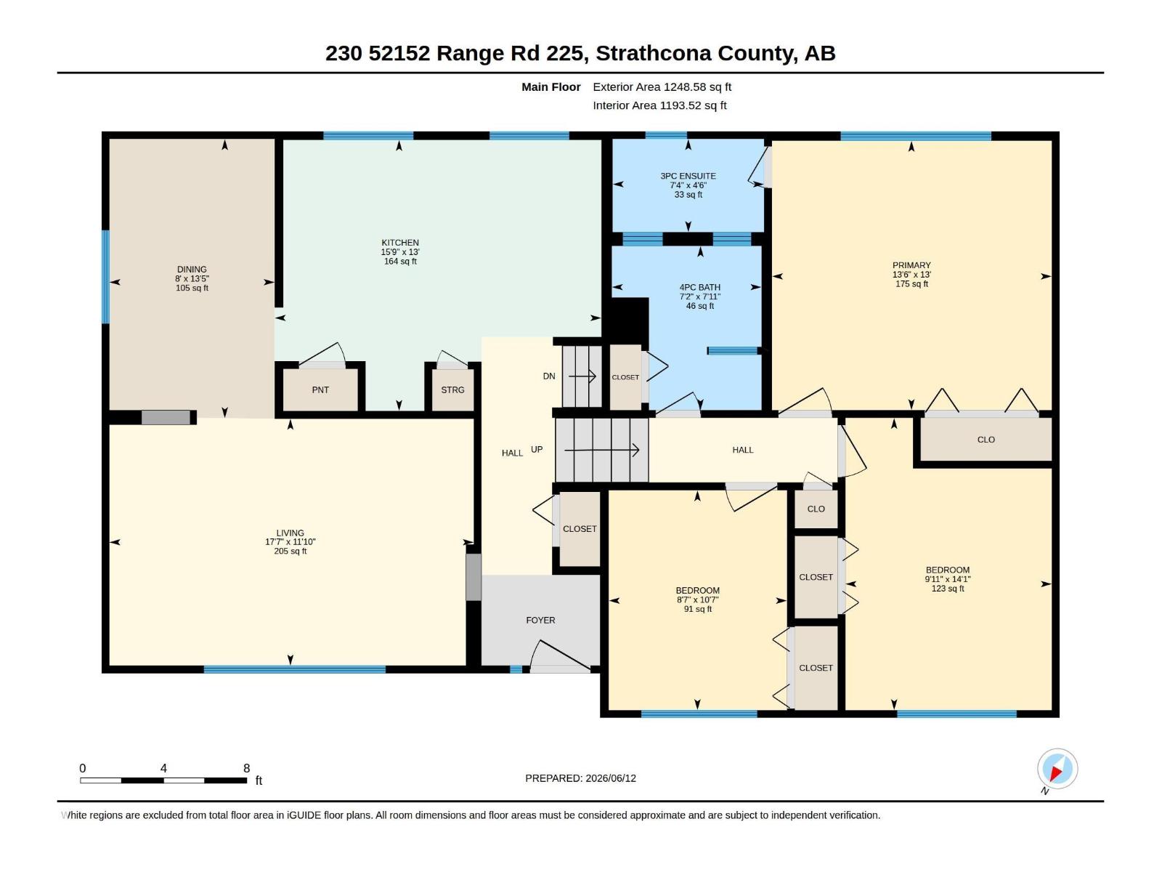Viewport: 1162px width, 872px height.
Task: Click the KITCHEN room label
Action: [x=399, y=243]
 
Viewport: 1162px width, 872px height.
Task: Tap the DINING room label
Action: [x=192, y=270]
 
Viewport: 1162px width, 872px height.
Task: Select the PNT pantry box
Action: [x=320, y=389]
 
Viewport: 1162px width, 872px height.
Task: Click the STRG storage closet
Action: [x=452, y=389]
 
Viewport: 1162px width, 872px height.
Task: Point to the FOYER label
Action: [x=540, y=620]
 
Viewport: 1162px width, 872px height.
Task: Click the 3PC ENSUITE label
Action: [x=688, y=176]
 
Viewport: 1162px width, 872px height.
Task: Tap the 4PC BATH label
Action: [x=700, y=288]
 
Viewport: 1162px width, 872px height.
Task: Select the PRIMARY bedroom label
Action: [x=911, y=265]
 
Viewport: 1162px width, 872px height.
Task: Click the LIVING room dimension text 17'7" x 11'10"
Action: [x=290, y=541]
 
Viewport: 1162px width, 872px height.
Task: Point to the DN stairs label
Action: [x=549, y=376]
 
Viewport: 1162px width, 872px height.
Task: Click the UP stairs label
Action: [x=537, y=450]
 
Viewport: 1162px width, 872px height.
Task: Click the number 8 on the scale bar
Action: [x=246, y=767]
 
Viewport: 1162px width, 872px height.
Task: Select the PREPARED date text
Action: [x=580, y=778]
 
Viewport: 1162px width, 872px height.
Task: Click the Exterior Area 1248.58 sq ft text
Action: [x=662, y=86]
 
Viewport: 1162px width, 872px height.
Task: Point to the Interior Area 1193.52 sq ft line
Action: [x=659, y=105]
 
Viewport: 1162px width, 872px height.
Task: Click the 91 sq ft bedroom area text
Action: [x=697, y=610]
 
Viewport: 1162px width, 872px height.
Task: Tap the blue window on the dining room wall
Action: [x=105, y=276]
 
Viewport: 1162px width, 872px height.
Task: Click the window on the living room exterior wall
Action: [x=294, y=669]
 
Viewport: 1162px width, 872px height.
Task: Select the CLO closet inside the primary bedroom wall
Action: [x=986, y=440]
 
